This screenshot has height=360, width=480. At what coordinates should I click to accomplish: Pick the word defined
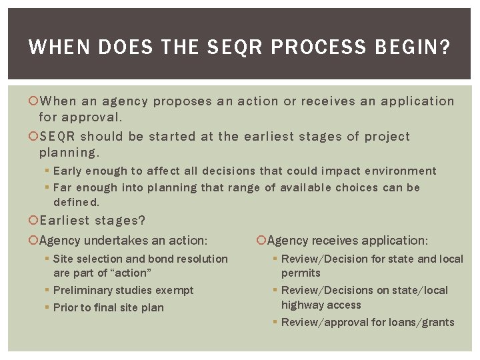pos(76,202)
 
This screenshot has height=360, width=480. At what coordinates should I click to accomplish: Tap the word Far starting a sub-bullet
pos(63,187)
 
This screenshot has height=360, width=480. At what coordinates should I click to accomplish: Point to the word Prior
pos(65,307)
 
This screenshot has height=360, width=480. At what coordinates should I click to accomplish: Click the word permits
pos(301,273)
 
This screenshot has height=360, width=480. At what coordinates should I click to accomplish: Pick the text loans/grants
pos(422,323)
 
